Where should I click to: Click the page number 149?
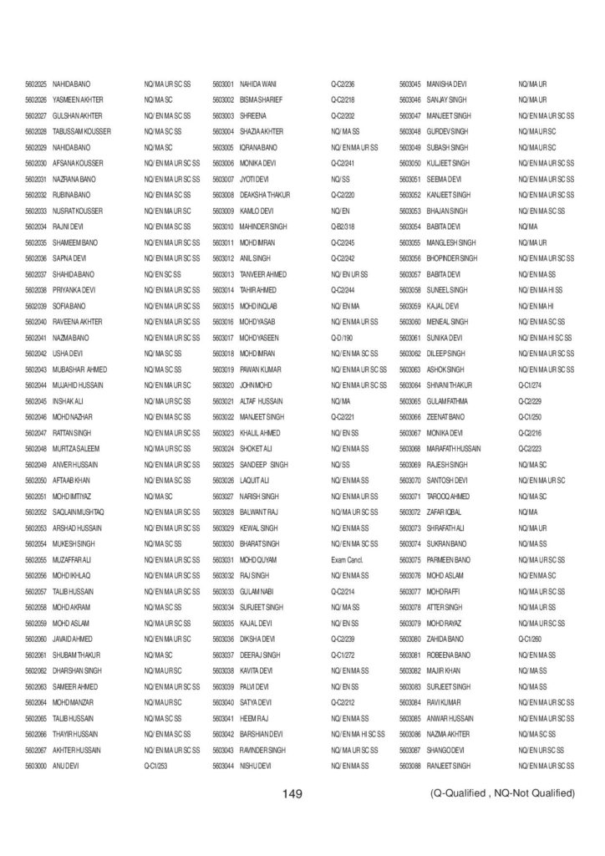pyautogui.click(x=292, y=793)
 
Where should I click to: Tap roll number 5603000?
pyautogui.click(x=35, y=765)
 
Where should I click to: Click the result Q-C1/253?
pyautogui.click(x=156, y=765)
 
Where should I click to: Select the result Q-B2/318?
pyautogui.click(x=343, y=226)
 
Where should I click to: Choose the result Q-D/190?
pyautogui.click(x=342, y=337)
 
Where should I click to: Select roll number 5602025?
pyautogui.click(x=35, y=84)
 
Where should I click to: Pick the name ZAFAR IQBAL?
pyautogui.click(x=445, y=511)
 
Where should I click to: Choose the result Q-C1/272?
pyautogui.click(x=343, y=654)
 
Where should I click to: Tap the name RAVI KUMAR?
pyautogui.click(x=444, y=701)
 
